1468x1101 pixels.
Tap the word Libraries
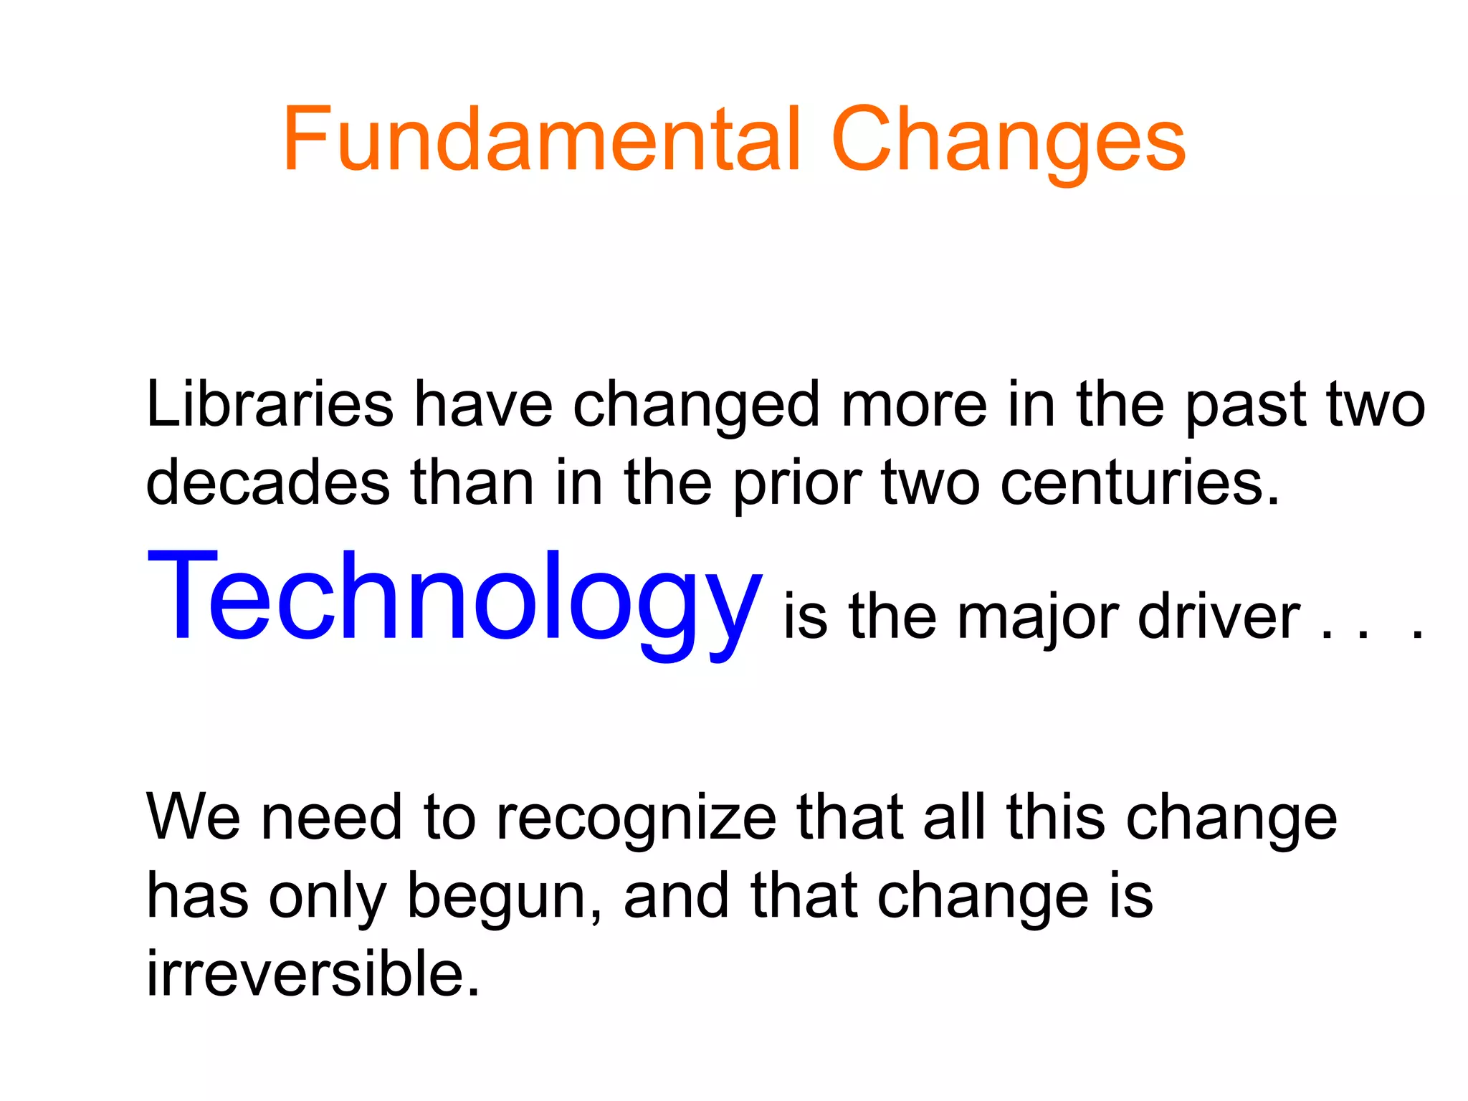point(270,404)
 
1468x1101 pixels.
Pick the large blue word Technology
point(454,597)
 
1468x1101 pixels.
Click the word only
point(328,899)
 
